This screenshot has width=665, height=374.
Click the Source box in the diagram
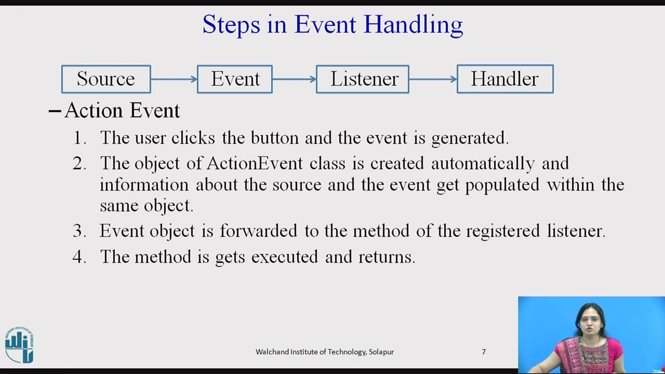point(106,79)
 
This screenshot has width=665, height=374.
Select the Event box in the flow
point(235,79)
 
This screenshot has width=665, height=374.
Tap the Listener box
point(363,79)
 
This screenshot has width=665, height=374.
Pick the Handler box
point(505,79)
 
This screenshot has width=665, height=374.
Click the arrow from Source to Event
point(174,79)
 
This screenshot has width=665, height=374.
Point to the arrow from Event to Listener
point(294,79)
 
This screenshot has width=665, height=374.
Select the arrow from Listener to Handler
point(433,79)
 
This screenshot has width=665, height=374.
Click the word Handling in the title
point(413,25)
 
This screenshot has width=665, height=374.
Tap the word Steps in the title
point(231,25)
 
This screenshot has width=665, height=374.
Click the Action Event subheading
point(122,110)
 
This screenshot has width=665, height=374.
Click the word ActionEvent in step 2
point(255,163)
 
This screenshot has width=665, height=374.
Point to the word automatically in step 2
point(483,163)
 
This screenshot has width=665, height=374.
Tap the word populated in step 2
point(502,185)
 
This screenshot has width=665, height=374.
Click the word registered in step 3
point(503,231)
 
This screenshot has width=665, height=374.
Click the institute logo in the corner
point(19,345)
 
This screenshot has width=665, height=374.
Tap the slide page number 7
point(484,352)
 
